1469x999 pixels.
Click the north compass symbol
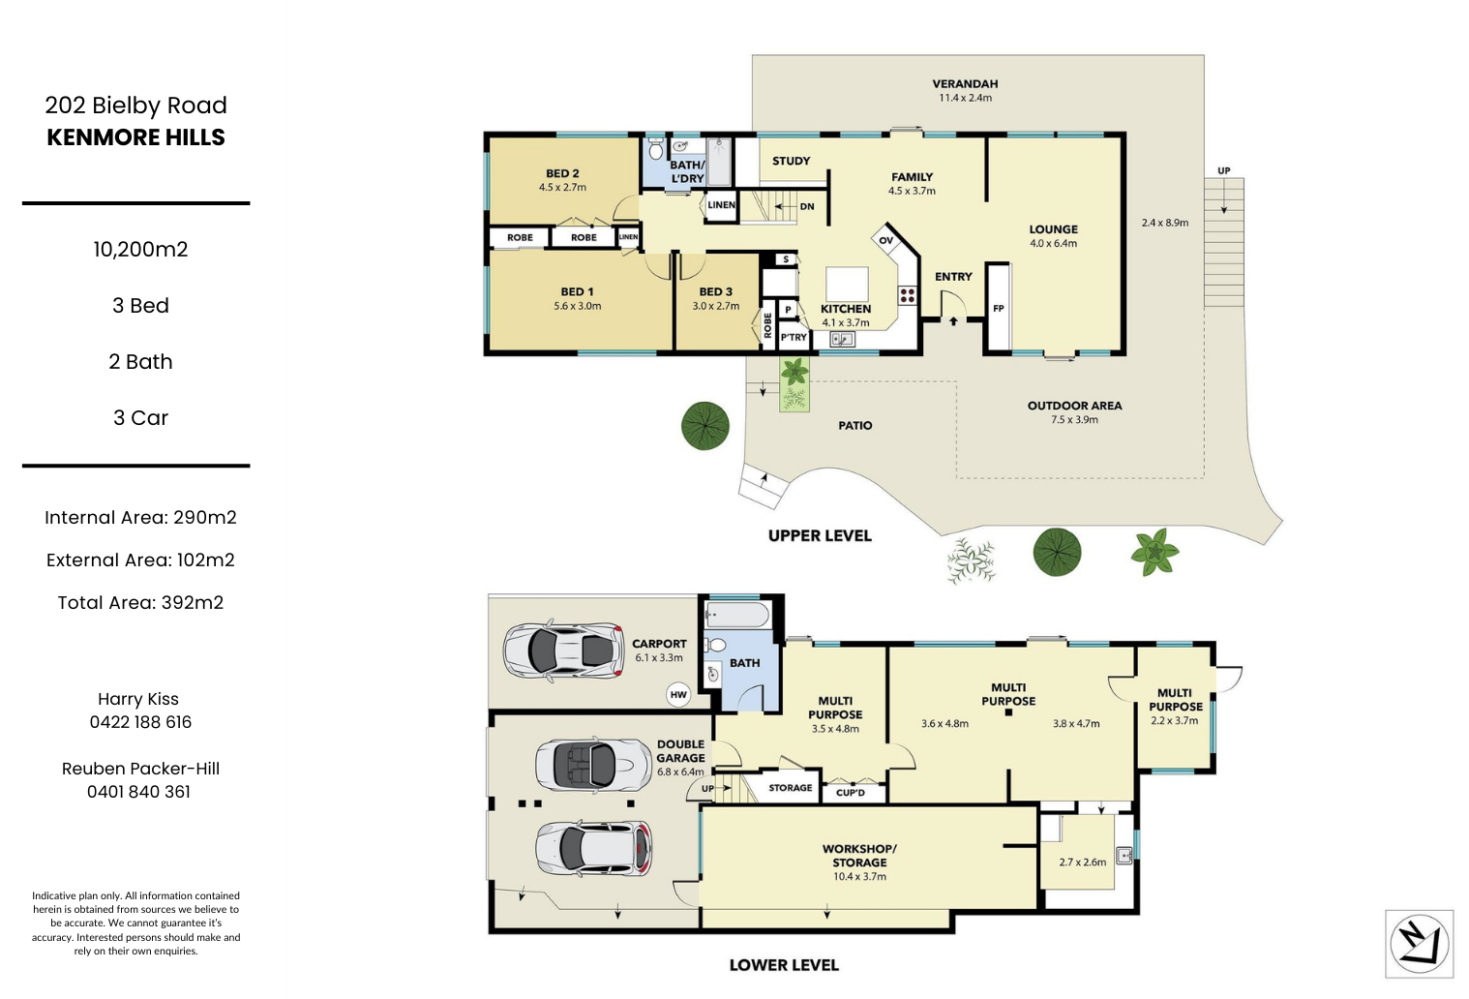[x=1419, y=944]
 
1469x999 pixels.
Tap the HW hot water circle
[x=678, y=695]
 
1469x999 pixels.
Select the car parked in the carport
[x=563, y=651]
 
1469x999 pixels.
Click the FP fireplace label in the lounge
[x=998, y=308]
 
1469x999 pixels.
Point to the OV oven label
[x=886, y=241]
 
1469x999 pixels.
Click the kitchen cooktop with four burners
[x=907, y=295]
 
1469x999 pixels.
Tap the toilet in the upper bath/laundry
[x=655, y=149]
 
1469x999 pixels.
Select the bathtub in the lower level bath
[x=737, y=616]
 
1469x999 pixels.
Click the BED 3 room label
[x=715, y=292]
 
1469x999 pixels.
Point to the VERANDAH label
[x=966, y=84]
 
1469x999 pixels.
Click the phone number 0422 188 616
[x=140, y=722]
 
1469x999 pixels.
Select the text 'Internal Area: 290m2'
[x=140, y=518]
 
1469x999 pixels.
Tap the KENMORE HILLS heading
[x=135, y=137]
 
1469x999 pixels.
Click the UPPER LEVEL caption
[x=820, y=536]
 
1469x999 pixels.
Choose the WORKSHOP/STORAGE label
[x=859, y=856]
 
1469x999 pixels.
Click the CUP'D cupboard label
[x=851, y=793]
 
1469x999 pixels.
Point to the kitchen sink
[x=842, y=339]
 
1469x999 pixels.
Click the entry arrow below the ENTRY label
[x=953, y=320]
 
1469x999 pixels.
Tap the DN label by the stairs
[x=807, y=206]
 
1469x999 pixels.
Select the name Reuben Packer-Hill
[x=140, y=769]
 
